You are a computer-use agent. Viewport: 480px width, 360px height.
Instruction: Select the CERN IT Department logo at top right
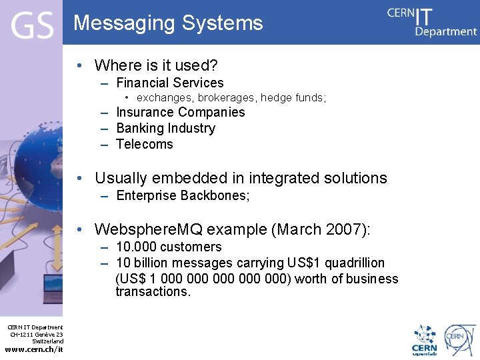pos(432,21)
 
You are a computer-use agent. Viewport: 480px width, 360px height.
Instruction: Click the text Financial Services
pos(170,83)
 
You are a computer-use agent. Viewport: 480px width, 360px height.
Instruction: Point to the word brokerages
pos(226,98)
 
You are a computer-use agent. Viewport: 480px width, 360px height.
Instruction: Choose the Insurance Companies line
pos(181,112)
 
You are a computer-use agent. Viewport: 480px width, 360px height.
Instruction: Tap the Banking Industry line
pos(165,128)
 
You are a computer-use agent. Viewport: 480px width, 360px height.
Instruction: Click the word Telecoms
pos(144,144)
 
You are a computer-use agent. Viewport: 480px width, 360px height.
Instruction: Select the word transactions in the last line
pos(153,292)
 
